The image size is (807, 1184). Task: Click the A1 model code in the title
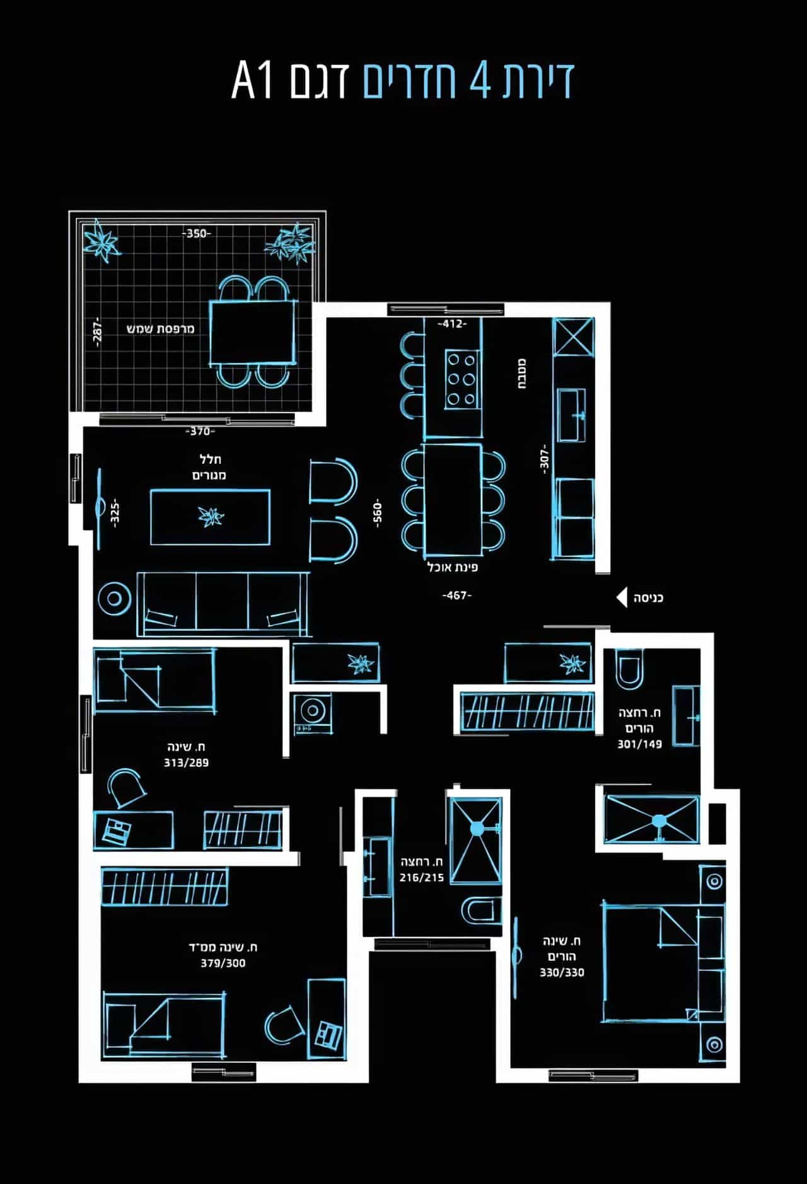click(253, 81)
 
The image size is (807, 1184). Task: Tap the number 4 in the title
click(480, 81)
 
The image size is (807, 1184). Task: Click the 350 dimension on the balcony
click(197, 234)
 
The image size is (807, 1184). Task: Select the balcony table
click(252, 332)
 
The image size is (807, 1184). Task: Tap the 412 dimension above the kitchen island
click(452, 324)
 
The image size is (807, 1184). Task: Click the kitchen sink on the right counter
click(571, 415)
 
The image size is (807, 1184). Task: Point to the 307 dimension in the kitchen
click(545, 457)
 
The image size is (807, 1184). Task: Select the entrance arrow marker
click(621, 597)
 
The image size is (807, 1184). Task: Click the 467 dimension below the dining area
click(456, 595)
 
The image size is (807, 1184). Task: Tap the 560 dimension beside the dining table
click(377, 514)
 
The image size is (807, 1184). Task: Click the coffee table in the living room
click(210, 517)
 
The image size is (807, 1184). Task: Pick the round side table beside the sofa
click(114, 598)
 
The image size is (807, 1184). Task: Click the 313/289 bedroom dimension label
click(186, 762)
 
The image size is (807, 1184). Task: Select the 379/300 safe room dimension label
click(223, 963)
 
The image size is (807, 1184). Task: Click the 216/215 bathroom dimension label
click(421, 877)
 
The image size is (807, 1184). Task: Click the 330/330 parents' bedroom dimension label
click(562, 972)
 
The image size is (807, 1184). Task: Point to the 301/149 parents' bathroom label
click(639, 744)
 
